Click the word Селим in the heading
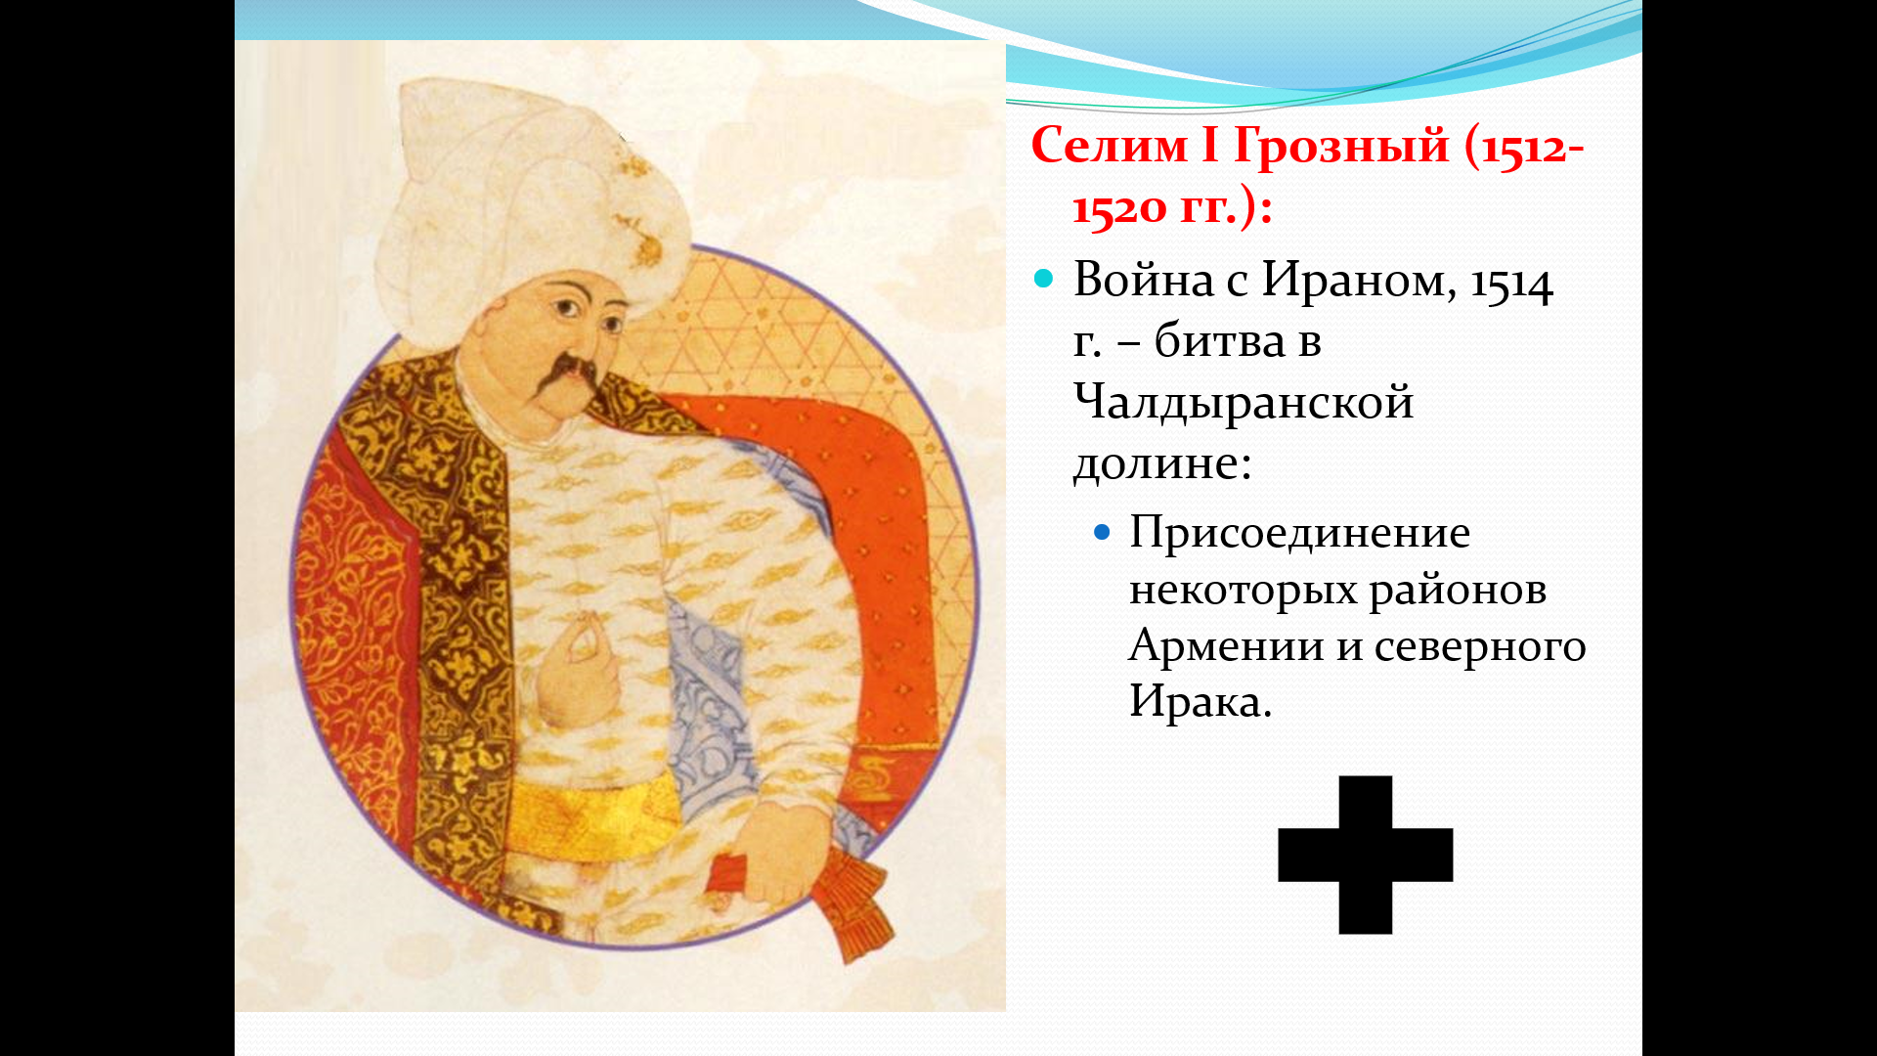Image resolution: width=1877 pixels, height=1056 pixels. (1110, 147)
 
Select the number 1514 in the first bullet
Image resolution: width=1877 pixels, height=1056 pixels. (1511, 285)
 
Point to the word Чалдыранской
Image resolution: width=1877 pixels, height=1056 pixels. (1244, 403)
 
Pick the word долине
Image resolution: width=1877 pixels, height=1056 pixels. (1162, 463)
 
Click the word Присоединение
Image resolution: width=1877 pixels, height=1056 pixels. (1299, 533)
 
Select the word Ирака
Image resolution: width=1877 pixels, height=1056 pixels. (1200, 701)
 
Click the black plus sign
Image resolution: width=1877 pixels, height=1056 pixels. (1366, 856)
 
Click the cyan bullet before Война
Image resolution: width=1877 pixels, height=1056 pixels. (1044, 280)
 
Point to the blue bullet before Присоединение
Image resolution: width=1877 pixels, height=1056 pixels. (1103, 533)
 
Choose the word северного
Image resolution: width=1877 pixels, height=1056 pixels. (1480, 647)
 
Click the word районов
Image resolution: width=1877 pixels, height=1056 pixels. (1458, 591)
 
